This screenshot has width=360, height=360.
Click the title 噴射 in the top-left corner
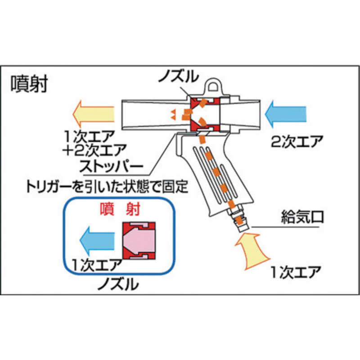(x=29, y=84)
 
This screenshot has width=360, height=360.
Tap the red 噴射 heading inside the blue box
(x=120, y=209)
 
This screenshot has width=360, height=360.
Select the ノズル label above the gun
(x=179, y=76)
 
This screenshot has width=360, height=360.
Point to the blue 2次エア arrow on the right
(x=286, y=114)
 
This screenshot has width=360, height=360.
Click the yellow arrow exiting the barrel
(x=94, y=114)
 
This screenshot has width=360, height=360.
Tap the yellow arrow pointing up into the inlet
(x=252, y=251)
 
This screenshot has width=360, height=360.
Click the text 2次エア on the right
(x=297, y=141)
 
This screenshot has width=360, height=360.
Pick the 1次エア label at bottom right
(x=296, y=272)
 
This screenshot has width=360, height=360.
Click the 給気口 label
(x=302, y=217)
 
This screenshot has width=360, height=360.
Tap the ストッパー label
(x=111, y=166)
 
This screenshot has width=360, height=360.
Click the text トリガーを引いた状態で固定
(x=108, y=187)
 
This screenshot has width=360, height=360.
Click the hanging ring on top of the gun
(x=214, y=86)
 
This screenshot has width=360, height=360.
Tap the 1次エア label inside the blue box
(x=97, y=265)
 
